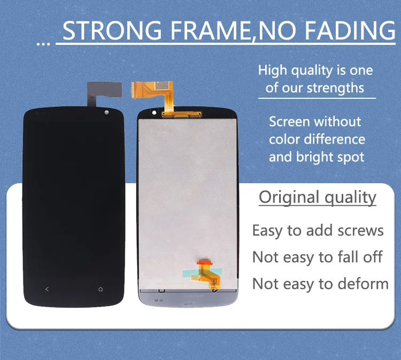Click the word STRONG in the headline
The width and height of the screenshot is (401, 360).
click(x=112, y=30)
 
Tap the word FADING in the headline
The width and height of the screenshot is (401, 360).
click(x=350, y=30)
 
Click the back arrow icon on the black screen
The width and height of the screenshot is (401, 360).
click(x=47, y=289)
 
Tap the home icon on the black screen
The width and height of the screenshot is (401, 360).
click(x=101, y=289)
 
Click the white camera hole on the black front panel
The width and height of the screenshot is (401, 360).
click(x=106, y=112)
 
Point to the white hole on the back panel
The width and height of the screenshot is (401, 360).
click(x=154, y=113)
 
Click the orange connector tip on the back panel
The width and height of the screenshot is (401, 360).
click(x=205, y=262)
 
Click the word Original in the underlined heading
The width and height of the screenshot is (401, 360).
click(x=289, y=197)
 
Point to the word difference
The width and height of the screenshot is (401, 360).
click(x=335, y=139)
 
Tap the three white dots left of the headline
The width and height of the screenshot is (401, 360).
click(x=43, y=44)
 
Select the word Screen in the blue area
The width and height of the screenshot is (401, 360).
click(x=289, y=122)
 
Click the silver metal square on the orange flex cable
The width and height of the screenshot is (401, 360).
click(x=162, y=85)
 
